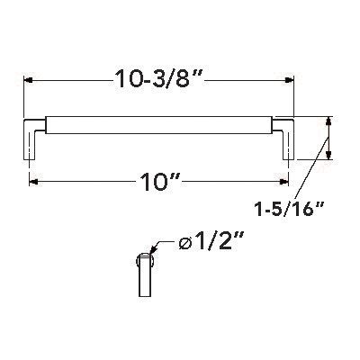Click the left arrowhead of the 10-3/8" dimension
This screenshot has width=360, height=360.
pos(28,79)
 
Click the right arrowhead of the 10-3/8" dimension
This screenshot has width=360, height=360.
pos(291,79)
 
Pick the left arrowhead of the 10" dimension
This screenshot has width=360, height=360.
pos(33,183)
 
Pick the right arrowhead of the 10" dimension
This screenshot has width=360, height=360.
pos(285,183)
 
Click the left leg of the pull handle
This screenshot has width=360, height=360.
pos(30,144)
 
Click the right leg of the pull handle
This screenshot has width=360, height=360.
pos(290,144)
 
